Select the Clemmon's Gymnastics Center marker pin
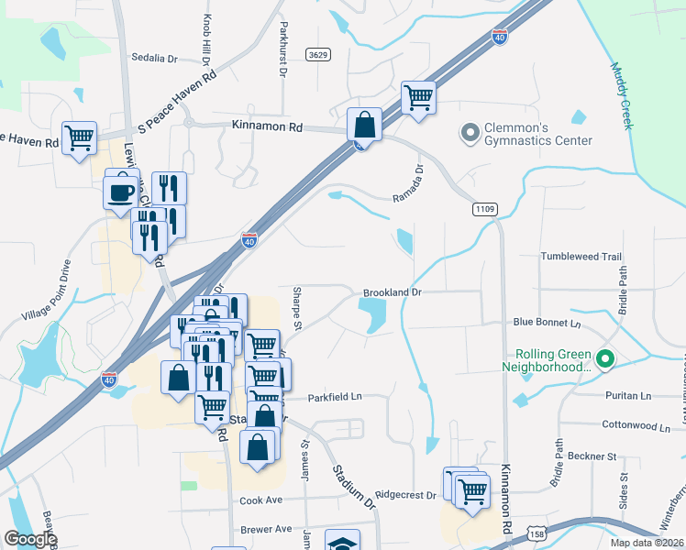point(470,134)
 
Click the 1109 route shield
point(486,210)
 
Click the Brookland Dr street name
point(392,292)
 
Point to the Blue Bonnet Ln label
point(548,323)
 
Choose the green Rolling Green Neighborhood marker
point(604,359)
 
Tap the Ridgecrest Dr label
point(405,495)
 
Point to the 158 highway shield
point(537,532)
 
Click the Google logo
point(30,539)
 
